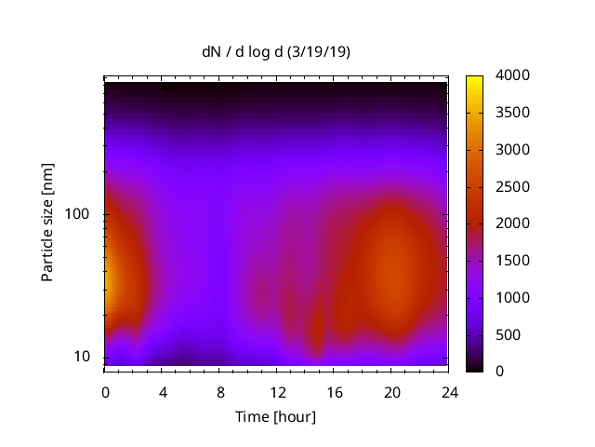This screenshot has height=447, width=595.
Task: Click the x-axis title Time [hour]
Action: pos(275,416)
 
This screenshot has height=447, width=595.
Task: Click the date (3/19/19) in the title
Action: pos(318,52)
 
